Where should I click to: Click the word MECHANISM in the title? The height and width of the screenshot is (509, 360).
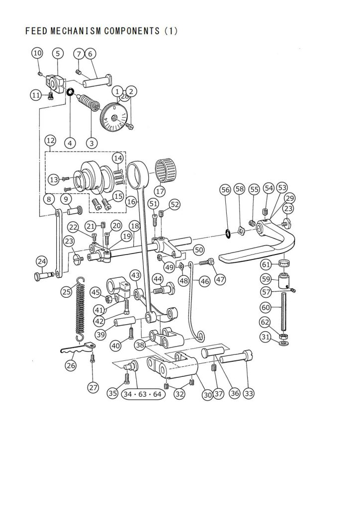click(x=76, y=31)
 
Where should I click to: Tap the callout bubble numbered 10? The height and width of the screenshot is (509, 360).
click(x=38, y=53)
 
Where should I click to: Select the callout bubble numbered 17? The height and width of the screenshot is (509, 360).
click(x=160, y=191)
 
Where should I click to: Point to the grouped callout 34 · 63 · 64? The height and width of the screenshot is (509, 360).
click(x=143, y=394)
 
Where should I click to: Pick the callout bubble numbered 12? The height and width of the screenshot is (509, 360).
click(x=50, y=141)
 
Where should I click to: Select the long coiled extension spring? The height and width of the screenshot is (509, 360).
click(x=80, y=310)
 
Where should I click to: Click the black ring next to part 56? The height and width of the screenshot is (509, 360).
click(x=228, y=234)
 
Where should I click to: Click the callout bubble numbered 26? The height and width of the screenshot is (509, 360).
click(x=71, y=365)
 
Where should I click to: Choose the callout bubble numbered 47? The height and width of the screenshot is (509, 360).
click(x=220, y=279)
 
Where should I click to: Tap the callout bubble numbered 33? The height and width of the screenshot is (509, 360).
click(x=249, y=394)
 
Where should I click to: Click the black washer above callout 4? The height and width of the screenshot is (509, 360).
click(x=70, y=92)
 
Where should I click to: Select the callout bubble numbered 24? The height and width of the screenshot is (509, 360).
click(x=42, y=261)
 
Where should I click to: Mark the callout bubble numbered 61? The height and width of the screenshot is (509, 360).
click(x=266, y=264)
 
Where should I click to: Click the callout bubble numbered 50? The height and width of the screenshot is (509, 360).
click(x=199, y=250)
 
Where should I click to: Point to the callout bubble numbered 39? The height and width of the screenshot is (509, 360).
click(x=100, y=334)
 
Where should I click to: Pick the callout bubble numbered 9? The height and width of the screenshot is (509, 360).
click(x=66, y=199)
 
